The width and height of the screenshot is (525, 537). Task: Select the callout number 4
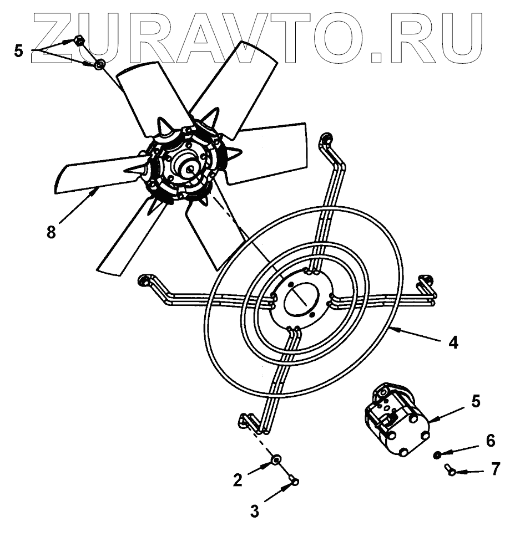(x=453, y=343)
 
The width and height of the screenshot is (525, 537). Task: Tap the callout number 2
(x=238, y=479)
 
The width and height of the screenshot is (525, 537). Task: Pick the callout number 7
(x=494, y=470)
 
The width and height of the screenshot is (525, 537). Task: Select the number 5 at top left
(x=19, y=52)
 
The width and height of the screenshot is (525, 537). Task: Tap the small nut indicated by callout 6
(x=437, y=455)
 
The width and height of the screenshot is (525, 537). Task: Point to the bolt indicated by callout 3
(x=294, y=480)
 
